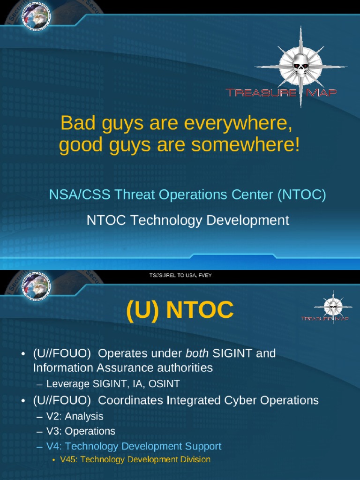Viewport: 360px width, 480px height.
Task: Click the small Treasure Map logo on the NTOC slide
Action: pos(333,310)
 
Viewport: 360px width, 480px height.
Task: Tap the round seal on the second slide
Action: pos(36,286)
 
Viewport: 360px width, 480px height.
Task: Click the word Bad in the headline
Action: pos(75,124)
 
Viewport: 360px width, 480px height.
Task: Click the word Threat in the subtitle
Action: pos(138,195)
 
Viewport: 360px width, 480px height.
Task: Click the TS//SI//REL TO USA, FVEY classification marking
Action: pos(180,275)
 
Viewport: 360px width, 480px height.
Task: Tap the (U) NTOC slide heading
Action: pos(180,310)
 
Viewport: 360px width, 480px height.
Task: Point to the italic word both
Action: pos(198,353)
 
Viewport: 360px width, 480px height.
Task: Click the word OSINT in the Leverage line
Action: pos(164,384)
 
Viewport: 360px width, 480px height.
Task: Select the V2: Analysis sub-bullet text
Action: pos(75,416)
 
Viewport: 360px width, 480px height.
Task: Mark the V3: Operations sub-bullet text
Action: pos(81,431)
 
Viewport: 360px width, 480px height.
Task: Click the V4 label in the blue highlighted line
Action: pos(54,446)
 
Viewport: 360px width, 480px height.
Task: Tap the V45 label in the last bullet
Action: pos(68,459)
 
